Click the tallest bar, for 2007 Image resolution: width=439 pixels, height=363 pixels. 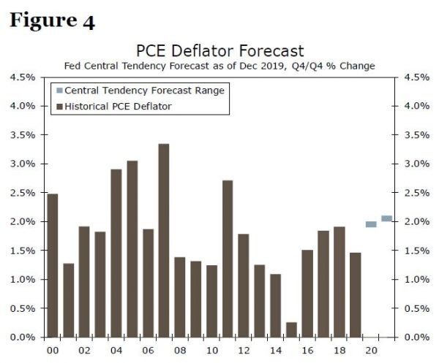[x=164, y=240]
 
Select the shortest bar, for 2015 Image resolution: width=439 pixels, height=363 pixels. [x=292, y=329]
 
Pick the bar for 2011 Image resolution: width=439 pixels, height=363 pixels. [x=228, y=259]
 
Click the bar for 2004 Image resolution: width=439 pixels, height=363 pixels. [x=116, y=253]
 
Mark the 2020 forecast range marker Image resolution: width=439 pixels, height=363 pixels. [x=371, y=224]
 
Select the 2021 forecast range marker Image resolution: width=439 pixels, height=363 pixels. [x=387, y=218]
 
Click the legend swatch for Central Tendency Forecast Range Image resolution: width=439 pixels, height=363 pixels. [x=60, y=91]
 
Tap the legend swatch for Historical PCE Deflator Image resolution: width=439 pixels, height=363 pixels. [x=60, y=107]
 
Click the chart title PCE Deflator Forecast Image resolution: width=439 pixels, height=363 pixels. [x=219, y=50]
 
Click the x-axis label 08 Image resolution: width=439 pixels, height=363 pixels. [x=180, y=351]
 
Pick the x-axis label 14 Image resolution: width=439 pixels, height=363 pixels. [x=276, y=351]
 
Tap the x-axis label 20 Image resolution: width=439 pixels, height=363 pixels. [x=371, y=351]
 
